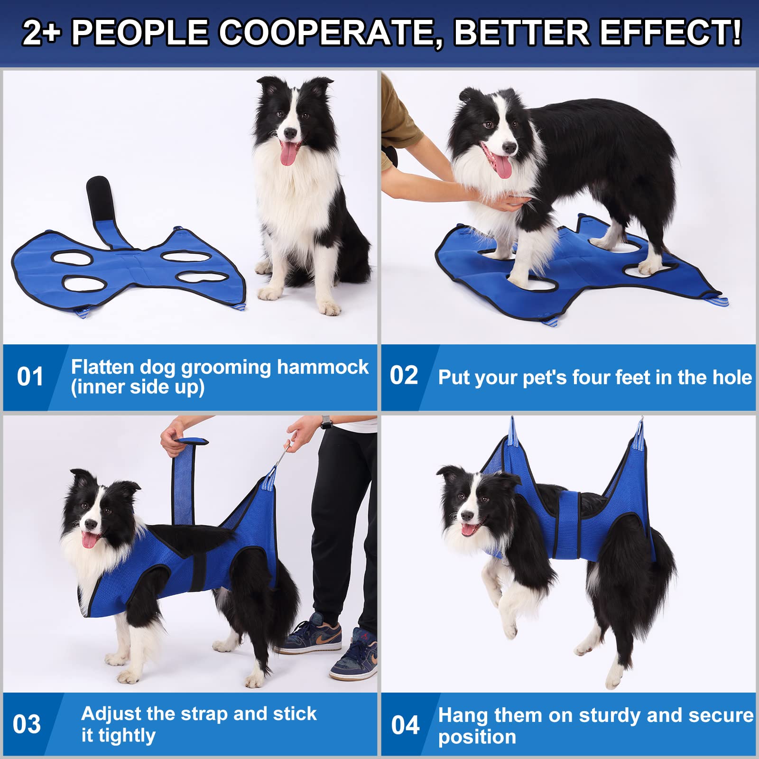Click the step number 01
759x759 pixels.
[x=30, y=377]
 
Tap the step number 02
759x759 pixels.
[x=404, y=375]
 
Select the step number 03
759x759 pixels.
[x=27, y=724]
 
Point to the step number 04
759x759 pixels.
[x=405, y=725]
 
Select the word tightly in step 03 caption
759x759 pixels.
[x=127, y=735]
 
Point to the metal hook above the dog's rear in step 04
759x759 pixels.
[x=641, y=425]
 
